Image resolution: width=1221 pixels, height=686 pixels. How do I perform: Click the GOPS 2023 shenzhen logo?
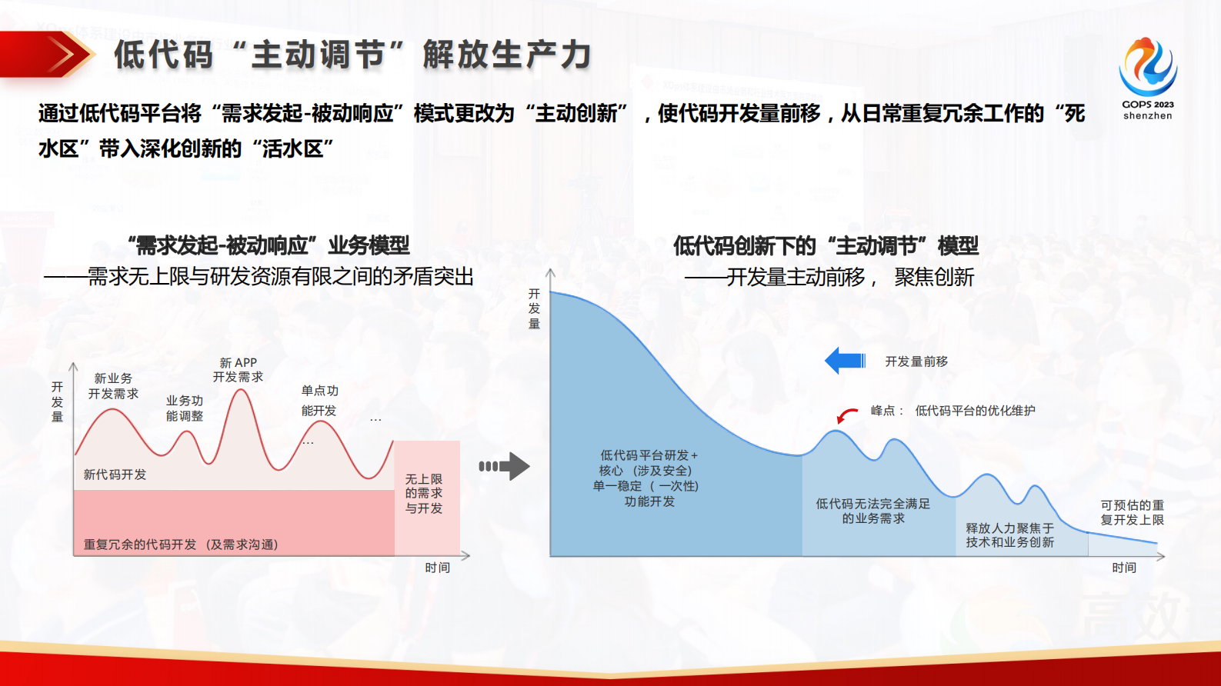pyautogui.click(x=1147, y=78)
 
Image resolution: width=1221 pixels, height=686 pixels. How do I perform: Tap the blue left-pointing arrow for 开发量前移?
pyautogui.click(x=844, y=361)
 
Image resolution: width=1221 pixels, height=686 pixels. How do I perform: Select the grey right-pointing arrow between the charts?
pyautogui.click(x=505, y=466)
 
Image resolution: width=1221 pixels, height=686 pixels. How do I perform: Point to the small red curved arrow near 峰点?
pyautogui.click(x=846, y=415)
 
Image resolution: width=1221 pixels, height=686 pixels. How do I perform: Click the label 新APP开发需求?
pyautogui.click(x=238, y=370)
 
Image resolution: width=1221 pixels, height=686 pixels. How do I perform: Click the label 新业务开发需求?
pyautogui.click(x=113, y=386)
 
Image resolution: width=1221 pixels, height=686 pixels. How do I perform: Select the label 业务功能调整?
pyautogui.click(x=185, y=408)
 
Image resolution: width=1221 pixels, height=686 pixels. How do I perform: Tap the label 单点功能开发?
pyautogui.click(x=319, y=401)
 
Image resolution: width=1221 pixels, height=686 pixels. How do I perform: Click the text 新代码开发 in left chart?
pyautogui.click(x=115, y=475)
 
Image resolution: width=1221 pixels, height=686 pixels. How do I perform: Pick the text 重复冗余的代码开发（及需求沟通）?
pyautogui.click(x=181, y=544)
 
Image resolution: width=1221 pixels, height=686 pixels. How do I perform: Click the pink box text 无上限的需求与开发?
pyautogui.click(x=424, y=494)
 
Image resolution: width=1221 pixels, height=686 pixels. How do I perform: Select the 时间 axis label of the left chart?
pyautogui.click(x=437, y=568)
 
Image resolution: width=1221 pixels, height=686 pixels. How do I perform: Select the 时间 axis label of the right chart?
pyautogui.click(x=1123, y=568)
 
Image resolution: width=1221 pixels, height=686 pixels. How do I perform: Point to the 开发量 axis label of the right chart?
pyautogui.click(x=534, y=308)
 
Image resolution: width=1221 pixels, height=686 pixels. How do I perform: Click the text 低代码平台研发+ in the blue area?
pyautogui.click(x=649, y=455)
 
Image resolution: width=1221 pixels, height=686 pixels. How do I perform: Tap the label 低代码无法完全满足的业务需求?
pyautogui.click(x=872, y=511)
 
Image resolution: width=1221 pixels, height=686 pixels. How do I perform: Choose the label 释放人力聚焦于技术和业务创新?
pyautogui.click(x=1009, y=535)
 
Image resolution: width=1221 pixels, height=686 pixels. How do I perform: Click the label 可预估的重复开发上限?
pyautogui.click(x=1132, y=512)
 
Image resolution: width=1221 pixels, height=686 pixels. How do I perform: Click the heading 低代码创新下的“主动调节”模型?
pyautogui.click(x=826, y=246)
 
